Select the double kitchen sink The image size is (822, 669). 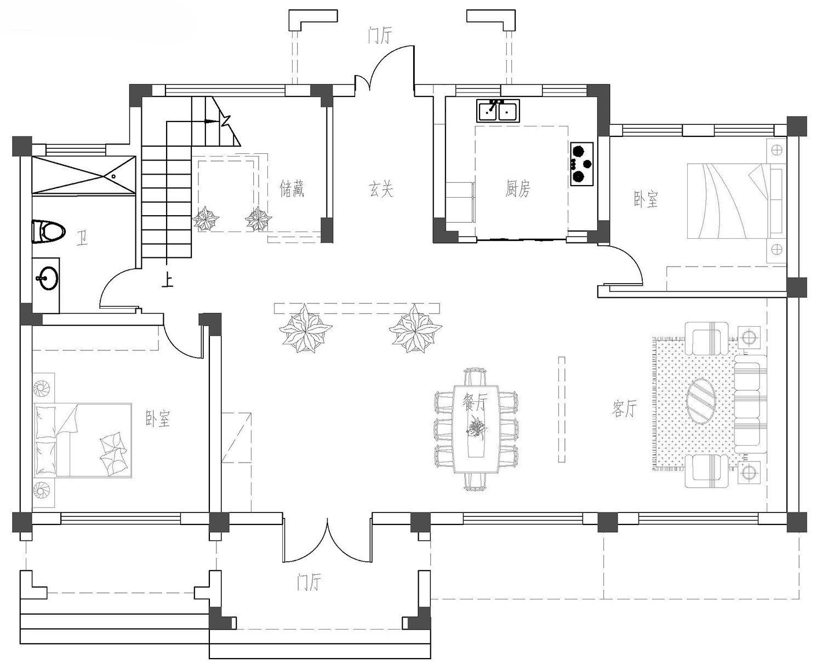pyautogui.click(x=498, y=111)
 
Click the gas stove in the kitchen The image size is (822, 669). pyautogui.click(x=581, y=164)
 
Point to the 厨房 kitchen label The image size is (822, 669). pyautogui.click(x=517, y=189)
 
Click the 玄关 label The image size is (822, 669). pyautogui.click(x=381, y=189)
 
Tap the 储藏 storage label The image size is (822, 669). pyautogui.click(x=292, y=189)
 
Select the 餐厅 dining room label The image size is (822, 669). pyautogui.click(x=475, y=404)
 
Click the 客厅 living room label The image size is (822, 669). pyautogui.click(x=625, y=408)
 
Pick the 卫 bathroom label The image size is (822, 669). pyautogui.click(x=82, y=239)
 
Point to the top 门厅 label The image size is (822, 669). pyautogui.click(x=380, y=36)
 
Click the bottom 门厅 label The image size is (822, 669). pyautogui.click(x=309, y=584)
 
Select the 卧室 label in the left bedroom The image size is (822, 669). pyautogui.click(x=158, y=419)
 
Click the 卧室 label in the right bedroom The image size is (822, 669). pyautogui.click(x=646, y=199)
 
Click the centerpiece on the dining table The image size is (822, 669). pyautogui.click(x=476, y=425)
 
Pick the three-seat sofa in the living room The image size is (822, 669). pyautogui.click(x=749, y=401)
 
